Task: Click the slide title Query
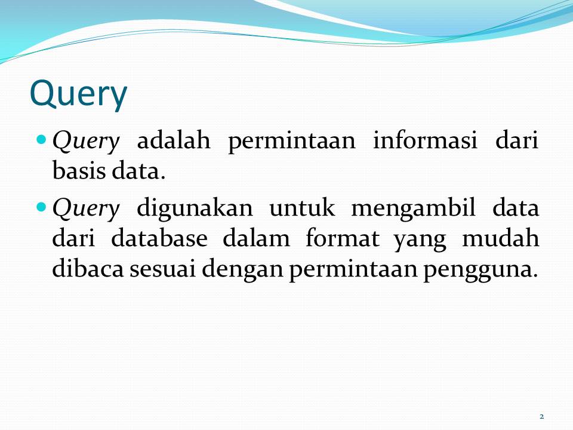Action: coord(78,94)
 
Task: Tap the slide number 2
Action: coord(541,416)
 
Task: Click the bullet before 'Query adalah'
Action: coord(41,140)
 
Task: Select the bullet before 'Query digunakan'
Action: coord(41,207)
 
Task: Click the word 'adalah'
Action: coord(174,142)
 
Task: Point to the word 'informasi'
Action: coord(425,142)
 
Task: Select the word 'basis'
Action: coord(74,172)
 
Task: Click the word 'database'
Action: coord(159,239)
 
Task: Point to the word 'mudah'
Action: coord(501,239)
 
